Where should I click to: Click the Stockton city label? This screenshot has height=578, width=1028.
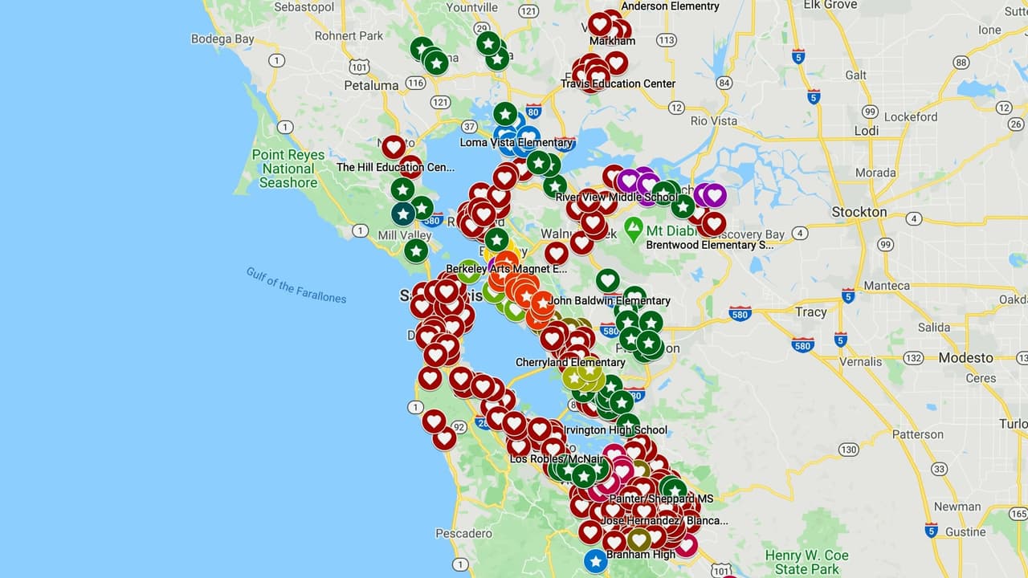coord(859,212)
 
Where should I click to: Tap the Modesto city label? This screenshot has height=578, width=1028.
coord(965,358)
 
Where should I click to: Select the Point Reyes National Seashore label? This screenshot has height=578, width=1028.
coord(288,169)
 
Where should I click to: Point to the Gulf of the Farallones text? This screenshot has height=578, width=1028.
coord(296,285)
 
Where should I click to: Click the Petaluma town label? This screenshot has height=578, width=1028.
coord(371,85)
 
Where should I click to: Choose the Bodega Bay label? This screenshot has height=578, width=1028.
coord(222,39)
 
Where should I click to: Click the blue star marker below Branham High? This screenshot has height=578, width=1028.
coord(595,561)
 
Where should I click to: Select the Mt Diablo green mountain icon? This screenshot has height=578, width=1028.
coord(634,230)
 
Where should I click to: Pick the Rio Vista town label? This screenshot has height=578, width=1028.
coord(713,121)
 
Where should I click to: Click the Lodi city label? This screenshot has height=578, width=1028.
coord(867,131)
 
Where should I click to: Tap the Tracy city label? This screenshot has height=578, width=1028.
coord(810,311)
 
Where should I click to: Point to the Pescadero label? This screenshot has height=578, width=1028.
coord(463,533)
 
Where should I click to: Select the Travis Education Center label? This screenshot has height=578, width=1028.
coord(618,83)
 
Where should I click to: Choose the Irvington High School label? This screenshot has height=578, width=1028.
coord(615,430)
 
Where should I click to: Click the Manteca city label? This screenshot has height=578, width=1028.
coord(887,286)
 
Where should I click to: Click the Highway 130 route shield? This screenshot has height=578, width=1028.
coord(848,450)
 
